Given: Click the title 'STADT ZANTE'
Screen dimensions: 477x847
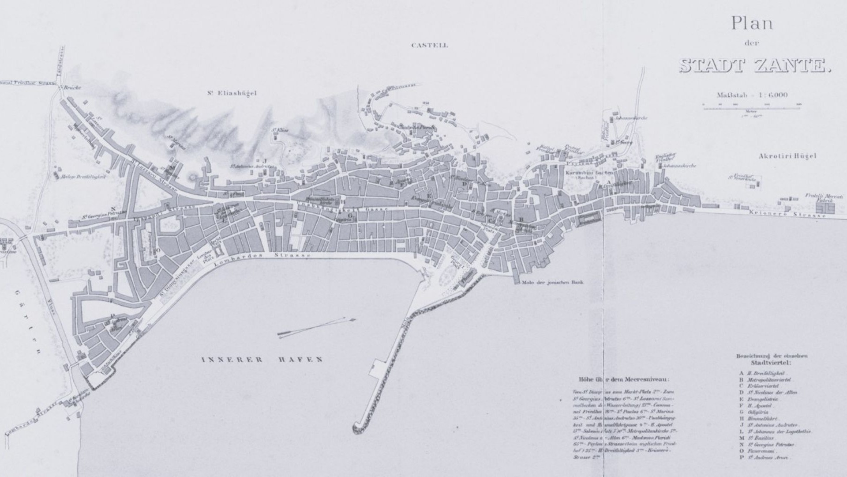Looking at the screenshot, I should tap(755, 65).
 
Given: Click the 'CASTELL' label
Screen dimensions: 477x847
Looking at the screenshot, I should tap(429, 45).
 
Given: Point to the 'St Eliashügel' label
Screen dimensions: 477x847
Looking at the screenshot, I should tap(231, 94).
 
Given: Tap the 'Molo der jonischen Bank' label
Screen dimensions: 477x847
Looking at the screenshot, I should tap(552, 282).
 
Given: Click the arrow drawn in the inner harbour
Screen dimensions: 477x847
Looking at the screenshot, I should tap(316, 327).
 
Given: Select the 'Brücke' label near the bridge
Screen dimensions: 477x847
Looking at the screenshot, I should tap(72, 88).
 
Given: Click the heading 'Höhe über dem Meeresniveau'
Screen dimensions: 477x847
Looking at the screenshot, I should tap(623, 379).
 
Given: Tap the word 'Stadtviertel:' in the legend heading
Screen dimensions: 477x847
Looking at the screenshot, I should tap(771, 363).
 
